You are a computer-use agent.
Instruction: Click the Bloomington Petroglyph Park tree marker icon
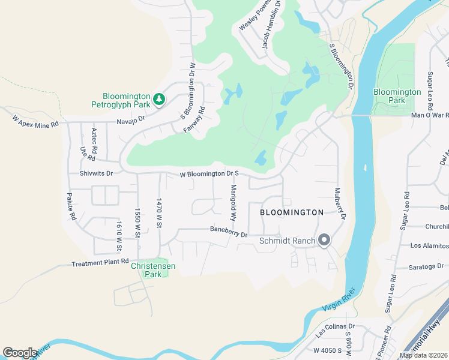159,99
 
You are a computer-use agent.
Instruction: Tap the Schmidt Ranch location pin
325,241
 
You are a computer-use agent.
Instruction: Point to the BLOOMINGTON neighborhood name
292,212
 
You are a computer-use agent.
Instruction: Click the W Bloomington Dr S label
210,175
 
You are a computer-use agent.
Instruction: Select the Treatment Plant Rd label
100,263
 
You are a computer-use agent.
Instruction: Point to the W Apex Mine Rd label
35,120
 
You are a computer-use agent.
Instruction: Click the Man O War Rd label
430,115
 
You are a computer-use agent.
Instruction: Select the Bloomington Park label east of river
397,96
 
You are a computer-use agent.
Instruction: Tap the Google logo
20,353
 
